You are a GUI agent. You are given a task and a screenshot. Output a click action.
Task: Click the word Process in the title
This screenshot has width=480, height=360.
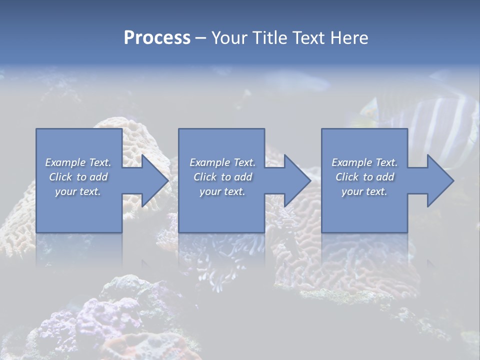click(157, 38)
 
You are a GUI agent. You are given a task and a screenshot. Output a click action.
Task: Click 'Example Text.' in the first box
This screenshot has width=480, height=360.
click(78, 162)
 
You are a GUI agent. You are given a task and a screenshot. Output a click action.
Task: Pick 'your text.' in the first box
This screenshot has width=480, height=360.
click(78, 191)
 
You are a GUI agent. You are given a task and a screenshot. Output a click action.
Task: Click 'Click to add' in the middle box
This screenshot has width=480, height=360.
click(222, 177)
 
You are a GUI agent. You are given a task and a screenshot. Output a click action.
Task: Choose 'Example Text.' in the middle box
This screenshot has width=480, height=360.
click(222, 162)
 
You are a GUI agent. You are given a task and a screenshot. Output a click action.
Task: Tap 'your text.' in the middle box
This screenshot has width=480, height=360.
click(222, 191)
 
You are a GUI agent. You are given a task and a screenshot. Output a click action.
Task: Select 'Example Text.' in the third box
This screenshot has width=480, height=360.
click(364, 162)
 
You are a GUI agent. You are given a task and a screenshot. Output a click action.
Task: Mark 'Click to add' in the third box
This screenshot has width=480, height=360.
click(364, 177)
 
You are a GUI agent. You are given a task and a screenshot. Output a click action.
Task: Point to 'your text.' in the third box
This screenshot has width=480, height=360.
click(364, 191)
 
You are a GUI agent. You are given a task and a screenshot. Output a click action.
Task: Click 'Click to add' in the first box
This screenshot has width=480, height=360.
click(78, 177)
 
